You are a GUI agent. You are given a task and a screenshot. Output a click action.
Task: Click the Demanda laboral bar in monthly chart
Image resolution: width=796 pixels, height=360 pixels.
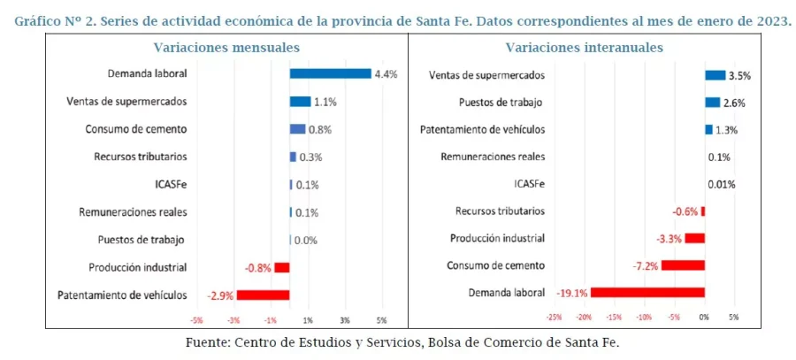330,73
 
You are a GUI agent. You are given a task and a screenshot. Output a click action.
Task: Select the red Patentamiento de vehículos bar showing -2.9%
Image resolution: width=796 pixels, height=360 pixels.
263,295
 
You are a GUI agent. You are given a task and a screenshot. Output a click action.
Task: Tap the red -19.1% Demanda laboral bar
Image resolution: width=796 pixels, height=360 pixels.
647,292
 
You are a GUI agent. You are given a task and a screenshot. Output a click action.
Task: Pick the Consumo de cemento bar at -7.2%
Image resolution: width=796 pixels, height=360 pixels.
683,264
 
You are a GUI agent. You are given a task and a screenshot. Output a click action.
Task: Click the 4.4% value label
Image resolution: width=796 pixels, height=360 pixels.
386,74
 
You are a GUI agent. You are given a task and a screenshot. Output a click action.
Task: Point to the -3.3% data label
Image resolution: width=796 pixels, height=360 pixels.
669,238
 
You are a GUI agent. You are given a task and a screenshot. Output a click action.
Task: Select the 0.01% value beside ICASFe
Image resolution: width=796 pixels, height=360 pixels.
722,184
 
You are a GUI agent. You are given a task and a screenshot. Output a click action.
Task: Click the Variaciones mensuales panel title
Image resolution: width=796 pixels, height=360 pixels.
226,47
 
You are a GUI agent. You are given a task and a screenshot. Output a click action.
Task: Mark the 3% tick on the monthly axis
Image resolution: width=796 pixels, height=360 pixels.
345,320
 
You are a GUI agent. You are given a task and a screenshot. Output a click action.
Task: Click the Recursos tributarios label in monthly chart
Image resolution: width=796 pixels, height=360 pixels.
140,157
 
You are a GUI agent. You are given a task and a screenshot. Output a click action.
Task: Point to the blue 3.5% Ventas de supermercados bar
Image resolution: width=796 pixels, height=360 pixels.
715,75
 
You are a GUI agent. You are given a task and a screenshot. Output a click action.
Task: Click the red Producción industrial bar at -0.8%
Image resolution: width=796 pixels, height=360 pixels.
281,267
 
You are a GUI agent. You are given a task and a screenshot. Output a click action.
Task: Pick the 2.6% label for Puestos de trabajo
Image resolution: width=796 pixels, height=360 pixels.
734,103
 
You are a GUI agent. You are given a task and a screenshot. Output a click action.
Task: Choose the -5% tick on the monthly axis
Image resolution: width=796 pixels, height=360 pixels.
196,320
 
